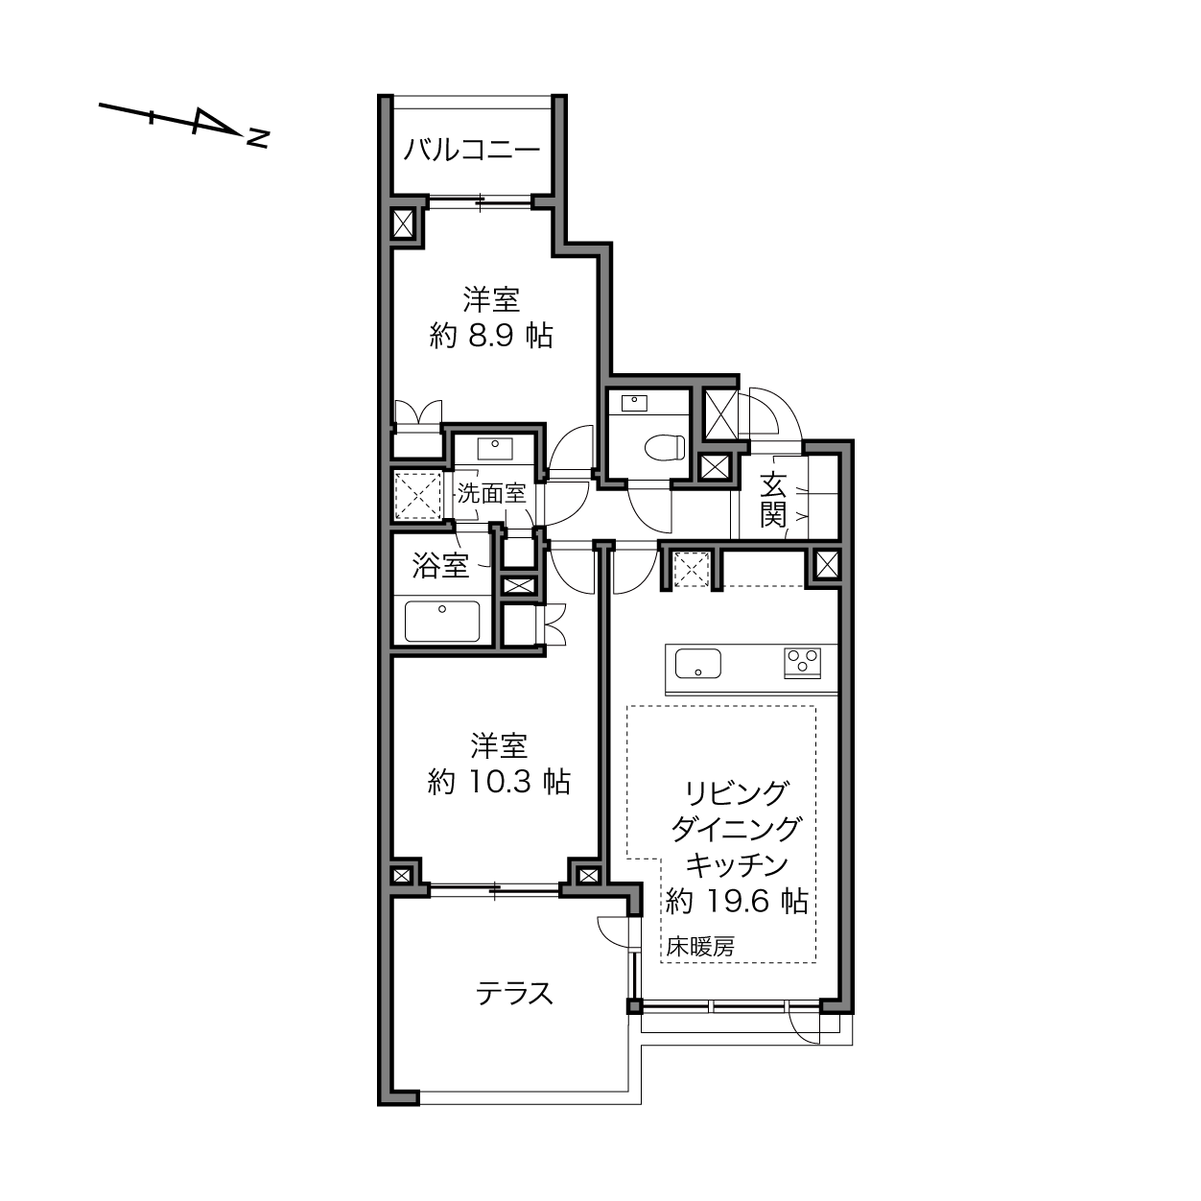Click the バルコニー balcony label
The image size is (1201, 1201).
(x=472, y=151)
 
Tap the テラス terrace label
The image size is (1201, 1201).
(x=515, y=994)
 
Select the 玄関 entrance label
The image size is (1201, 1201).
(x=773, y=500)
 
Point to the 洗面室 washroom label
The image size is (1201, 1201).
(x=492, y=494)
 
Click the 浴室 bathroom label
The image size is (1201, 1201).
(x=440, y=565)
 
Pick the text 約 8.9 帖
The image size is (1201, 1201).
(x=491, y=337)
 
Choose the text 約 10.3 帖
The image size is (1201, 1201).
(x=499, y=782)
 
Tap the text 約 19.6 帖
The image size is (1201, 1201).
(x=738, y=901)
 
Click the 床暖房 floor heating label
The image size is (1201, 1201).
(x=700, y=947)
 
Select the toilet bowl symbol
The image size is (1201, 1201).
(x=665, y=447)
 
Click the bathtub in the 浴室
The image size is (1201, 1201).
(x=442, y=621)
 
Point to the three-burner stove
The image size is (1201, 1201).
(x=802, y=663)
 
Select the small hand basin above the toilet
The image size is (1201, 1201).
(x=634, y=403)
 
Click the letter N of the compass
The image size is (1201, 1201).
(x=258, y=138)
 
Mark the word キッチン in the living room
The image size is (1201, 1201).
(x=738, y=864)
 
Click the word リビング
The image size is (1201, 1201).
(x=737, y=792)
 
